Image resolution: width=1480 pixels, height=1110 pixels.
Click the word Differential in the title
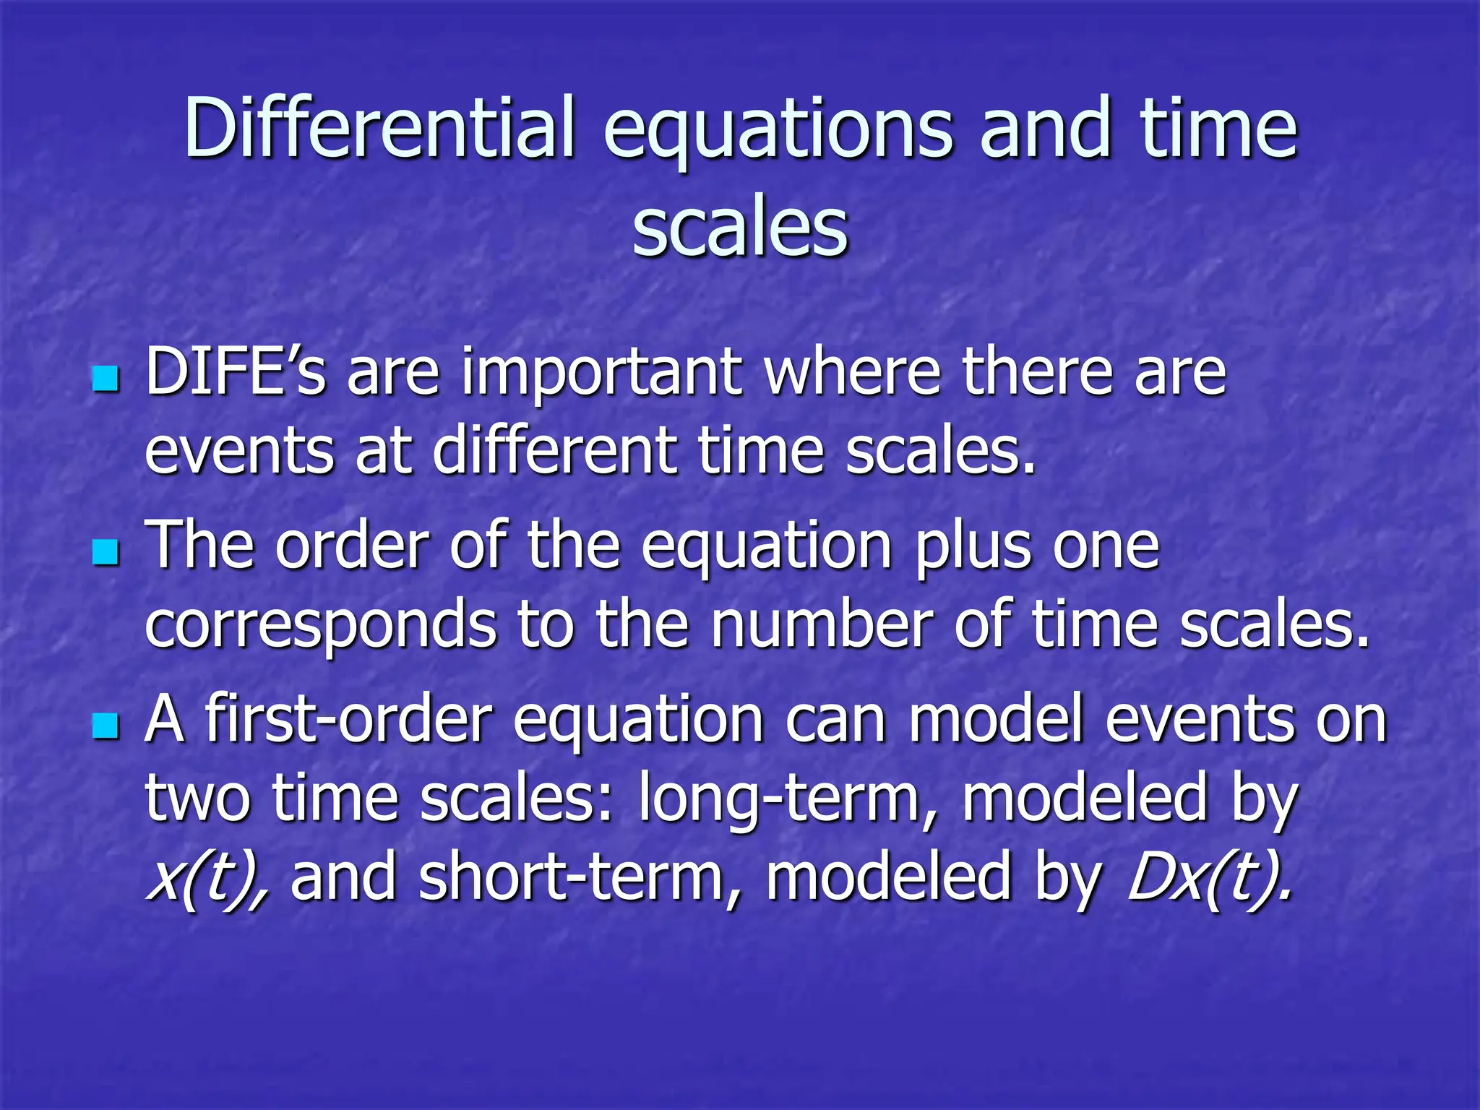pyautogui.click(x=379, y=128)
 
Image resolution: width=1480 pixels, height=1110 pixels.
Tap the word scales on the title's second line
pyautogui.click(x=739, y=228)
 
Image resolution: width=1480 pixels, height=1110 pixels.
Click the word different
pyautogui.click(x=554, y=450)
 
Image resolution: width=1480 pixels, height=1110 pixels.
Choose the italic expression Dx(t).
pyautogui.click(x=1208, y=878)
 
